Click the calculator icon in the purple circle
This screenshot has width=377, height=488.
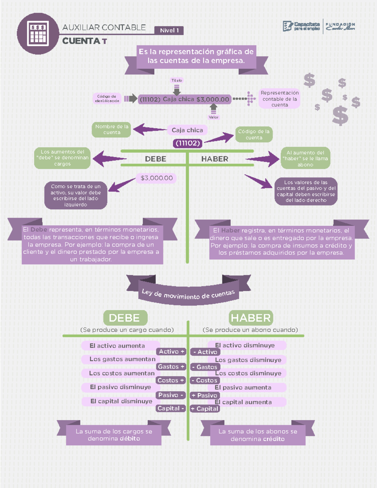coord(38,33)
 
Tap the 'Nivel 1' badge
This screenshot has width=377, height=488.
coord(169,30)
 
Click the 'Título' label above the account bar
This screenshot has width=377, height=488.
coord(177,80)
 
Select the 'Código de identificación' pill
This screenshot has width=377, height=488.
coord(107,98)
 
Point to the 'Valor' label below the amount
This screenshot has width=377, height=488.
coord(214,117)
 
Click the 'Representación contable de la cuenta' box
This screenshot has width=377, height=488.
coord(279,99)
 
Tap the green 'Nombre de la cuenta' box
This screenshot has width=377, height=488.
coord(112,129)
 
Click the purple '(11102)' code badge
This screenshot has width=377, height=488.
coord(188,143)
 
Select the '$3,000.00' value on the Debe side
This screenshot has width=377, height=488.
coord(156,178)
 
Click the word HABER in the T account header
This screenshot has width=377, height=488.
coord(215,159)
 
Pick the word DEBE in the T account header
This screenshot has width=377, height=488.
coord(156,159)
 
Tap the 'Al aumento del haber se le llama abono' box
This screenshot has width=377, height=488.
coord(305,158)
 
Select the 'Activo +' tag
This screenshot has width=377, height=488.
coord(171,352)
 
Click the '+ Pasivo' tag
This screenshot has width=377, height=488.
coord(205,395)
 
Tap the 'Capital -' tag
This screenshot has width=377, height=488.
coord(171,408)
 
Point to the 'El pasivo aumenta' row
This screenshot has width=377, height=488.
coord(243,387)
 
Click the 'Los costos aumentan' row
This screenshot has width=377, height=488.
coord(122,373)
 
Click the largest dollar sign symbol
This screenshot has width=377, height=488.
coord(340,115)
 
